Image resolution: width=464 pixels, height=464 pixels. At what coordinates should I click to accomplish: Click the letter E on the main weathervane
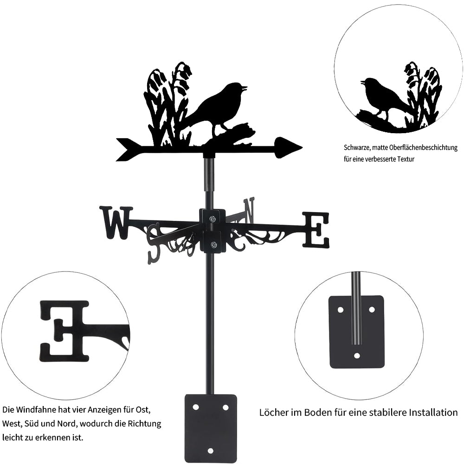click(x=316, y=230)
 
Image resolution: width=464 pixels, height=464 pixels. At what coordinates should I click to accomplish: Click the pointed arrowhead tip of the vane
click(x=302, y=147)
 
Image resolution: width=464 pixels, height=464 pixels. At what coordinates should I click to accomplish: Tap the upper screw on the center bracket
click(x=213, y=219)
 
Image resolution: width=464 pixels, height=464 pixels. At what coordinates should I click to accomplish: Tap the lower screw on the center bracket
click(x=213, y=245)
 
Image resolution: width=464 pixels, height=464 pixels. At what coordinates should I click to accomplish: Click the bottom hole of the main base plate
click(x=210, y=451)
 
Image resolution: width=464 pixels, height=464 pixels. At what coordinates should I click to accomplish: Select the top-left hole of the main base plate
click(x=195, y=407)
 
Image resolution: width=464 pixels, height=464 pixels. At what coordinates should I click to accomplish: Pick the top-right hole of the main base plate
click(x=226, y=407)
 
